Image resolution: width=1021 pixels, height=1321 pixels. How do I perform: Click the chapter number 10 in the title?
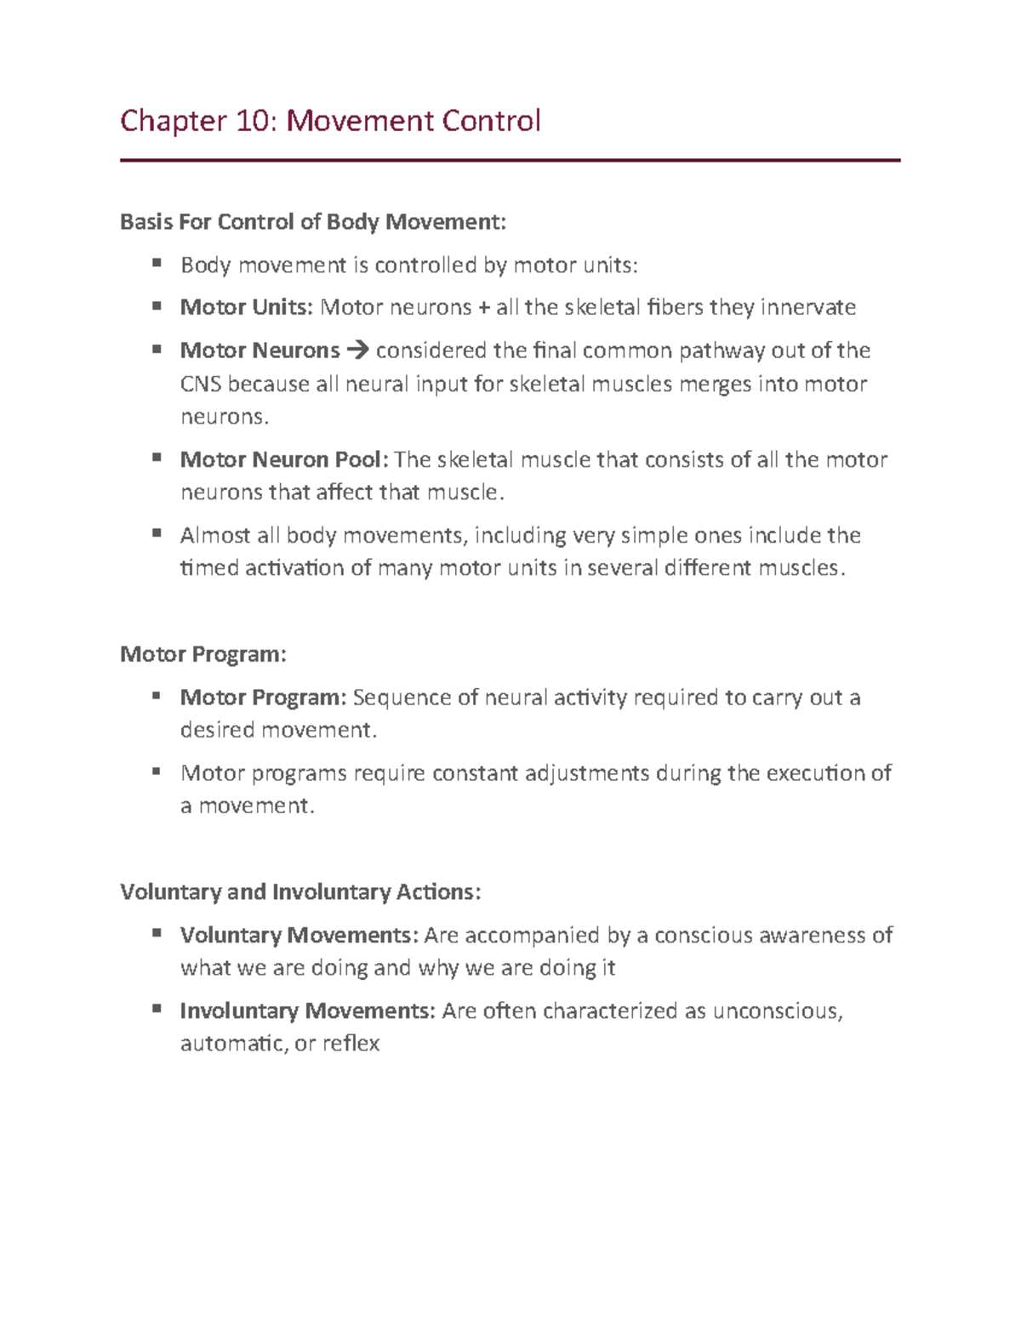(x=254, y=122)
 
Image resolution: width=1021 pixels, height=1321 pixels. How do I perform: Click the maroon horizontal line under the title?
(x=510, y=160)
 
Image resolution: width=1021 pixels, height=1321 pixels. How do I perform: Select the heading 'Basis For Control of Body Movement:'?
(x=312, y=222)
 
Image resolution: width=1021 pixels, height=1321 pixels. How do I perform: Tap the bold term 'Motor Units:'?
(x=247, y=307)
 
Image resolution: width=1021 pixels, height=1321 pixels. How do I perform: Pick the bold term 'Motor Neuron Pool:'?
(x=284, y=460)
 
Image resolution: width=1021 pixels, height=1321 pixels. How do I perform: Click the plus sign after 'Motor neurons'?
(x=484, y=307)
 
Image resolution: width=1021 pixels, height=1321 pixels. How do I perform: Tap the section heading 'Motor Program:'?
(x=203, y=654)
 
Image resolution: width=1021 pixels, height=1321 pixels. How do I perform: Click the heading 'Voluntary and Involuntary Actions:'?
(x=300, y=892)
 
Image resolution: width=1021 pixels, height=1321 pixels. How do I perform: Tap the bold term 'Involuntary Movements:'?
(x=307, y=1011)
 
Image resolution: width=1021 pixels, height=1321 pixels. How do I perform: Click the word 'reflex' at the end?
(x=351, y=1044)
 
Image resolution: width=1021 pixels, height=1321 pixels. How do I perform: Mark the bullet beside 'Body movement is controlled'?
(x=157, y=264)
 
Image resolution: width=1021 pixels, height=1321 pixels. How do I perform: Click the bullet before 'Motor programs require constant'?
(x=157, y=772)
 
